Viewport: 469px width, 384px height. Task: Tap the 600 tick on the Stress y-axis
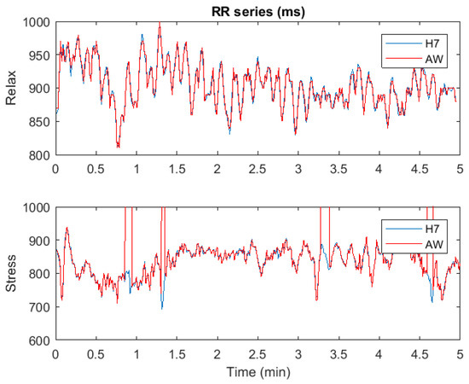[x=40, y=341]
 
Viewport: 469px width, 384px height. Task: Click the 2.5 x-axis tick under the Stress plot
[x=258, y=353]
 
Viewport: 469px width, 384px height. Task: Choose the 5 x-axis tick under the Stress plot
[x=460, y=353]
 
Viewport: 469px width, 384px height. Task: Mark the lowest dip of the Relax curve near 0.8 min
[x=119, y=148]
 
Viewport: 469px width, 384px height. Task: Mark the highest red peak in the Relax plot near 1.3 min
[x=159, y=25]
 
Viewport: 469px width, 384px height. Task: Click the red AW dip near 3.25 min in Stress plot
[x=316, y=300]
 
